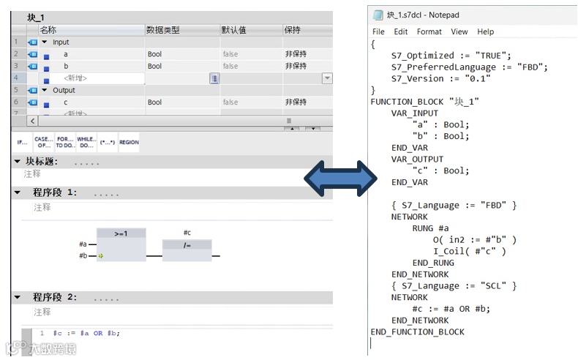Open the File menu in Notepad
coord(378,31)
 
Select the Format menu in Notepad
coord(429,31)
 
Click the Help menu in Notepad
coord(486,31)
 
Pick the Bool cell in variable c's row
coord(154,102)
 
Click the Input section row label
coord(61,42)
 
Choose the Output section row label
coord(64,91)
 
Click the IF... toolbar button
coord(22,142)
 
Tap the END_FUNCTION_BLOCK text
coord(417,331)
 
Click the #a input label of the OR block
coord(83,244)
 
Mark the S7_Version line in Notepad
coord(427,78)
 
